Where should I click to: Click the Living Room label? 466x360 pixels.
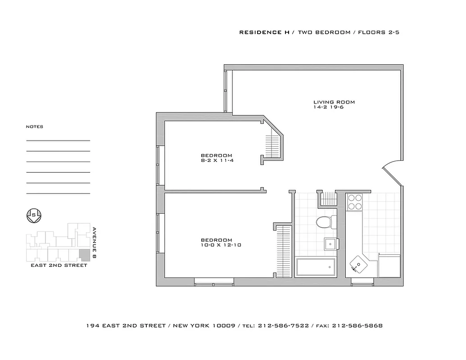tap(334, 102)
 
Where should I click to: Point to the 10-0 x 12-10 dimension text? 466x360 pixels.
tap(217, 245)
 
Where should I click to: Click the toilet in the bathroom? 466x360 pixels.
tap(325, 222)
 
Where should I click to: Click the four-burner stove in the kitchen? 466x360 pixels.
tap(355, 202)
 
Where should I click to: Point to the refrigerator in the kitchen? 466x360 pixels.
tap(389, 265)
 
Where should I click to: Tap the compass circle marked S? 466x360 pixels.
tap(34, 215)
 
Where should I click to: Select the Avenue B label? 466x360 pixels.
tap(95, 242)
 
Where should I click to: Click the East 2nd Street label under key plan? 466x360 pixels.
tap(59, 265)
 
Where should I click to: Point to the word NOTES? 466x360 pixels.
tap(35, 127)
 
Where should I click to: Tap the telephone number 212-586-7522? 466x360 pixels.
tap(283, 325)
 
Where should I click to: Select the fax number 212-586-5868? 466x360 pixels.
tap(357, 325)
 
